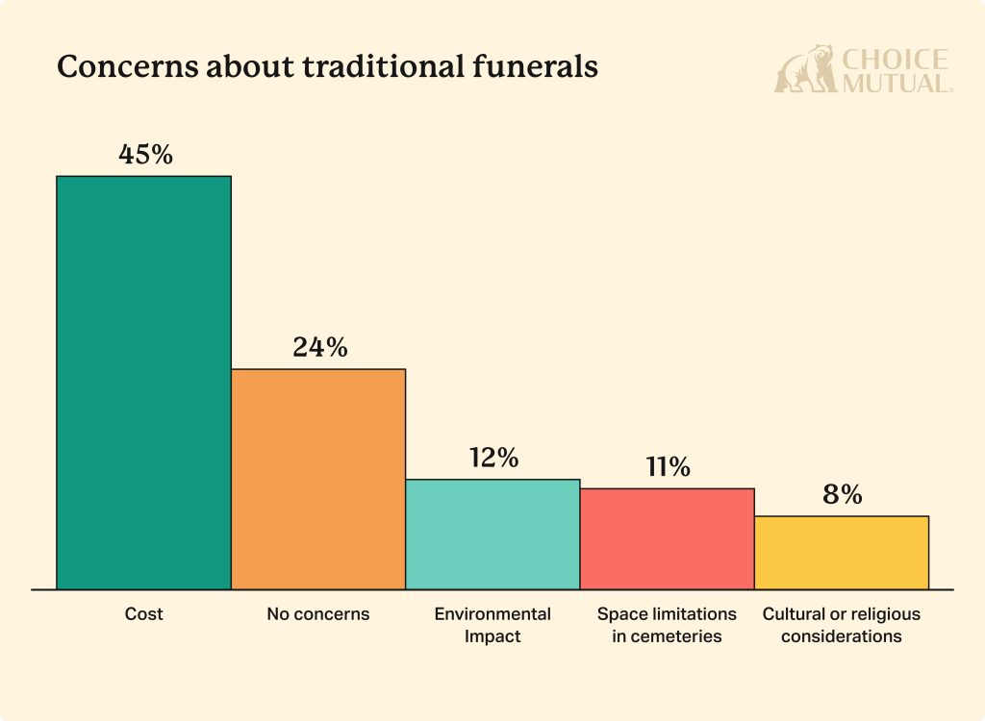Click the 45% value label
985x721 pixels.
(x=145, y=155)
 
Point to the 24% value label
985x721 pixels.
(x=319, y=348)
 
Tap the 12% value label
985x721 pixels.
(x=493, y=458)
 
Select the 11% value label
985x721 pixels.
(x=667, y=467)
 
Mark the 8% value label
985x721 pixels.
(x=842, y=495)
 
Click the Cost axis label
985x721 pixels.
(x=144, y=613)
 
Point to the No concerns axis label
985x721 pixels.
(x=318, y=613)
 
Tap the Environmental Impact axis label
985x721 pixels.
(x=492, y=624)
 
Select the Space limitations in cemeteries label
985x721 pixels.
(x=667, y=624)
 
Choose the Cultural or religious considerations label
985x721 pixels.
(x=841, y=624)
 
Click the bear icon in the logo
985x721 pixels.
(x=805, y=69)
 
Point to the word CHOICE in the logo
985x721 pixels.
(x=895, y=60)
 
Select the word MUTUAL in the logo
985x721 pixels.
(x=895, y=83)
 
